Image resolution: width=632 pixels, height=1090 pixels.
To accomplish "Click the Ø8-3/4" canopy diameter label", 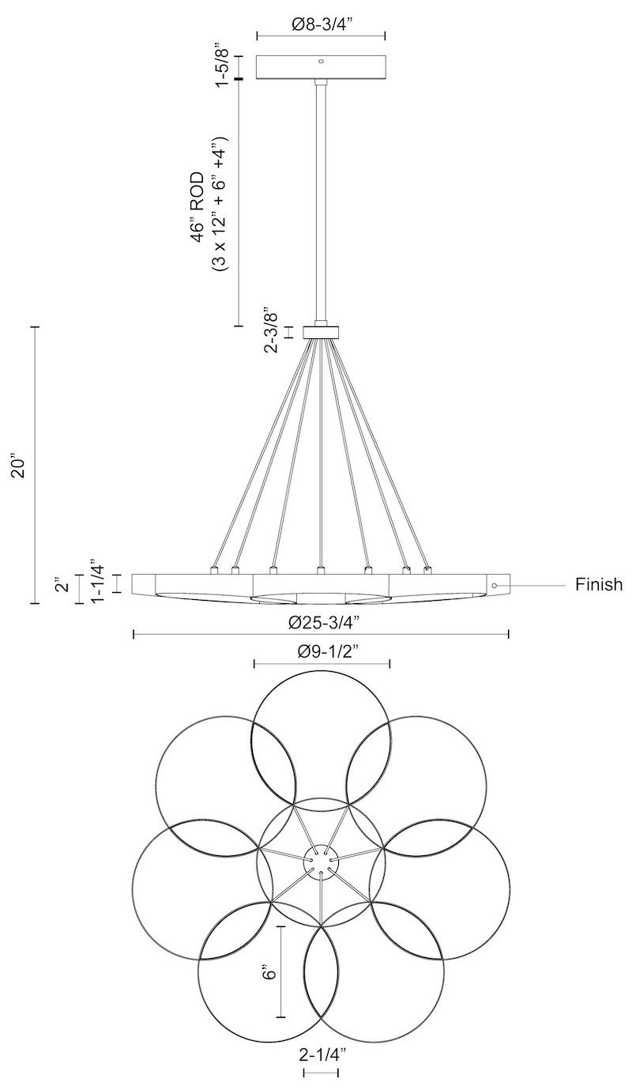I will tap(320, 25).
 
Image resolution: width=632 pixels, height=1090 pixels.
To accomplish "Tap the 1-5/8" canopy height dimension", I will tap(225, 66).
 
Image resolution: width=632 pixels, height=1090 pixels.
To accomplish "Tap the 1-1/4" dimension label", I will tap(98, 583).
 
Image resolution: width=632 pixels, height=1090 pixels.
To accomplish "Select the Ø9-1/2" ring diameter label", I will tap(322, 654).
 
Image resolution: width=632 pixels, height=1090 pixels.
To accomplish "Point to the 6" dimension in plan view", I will tap(269, 971).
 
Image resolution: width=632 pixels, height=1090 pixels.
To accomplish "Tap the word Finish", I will tap(598, 585).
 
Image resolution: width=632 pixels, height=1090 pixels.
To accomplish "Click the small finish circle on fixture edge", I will tap(494, 586).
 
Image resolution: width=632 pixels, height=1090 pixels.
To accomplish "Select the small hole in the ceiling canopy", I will tap(321, 61).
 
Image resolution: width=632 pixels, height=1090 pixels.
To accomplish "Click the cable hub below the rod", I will tap(321, 331).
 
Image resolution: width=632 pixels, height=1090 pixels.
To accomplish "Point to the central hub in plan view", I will tap(321, 862).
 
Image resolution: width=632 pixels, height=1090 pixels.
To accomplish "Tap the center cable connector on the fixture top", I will tap(320, 569).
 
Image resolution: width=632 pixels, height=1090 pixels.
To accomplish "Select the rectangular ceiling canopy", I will tap(321, 67).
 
